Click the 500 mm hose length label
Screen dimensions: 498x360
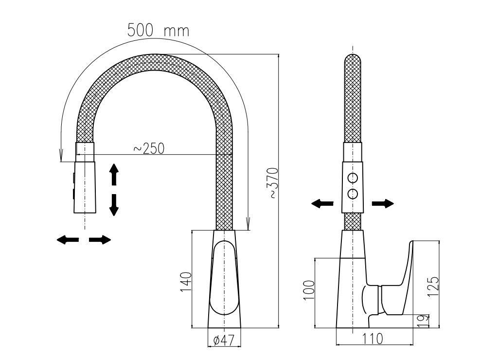point(158,31)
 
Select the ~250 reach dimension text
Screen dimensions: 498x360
point(149,148)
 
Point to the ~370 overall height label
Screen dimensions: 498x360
point(274,183)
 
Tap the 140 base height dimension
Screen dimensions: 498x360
point(186,282)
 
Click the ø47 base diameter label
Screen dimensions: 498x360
point(224,341)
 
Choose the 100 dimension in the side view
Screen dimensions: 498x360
point(309,290)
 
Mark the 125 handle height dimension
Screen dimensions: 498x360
point(433,286)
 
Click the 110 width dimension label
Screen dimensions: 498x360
point(372,339)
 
